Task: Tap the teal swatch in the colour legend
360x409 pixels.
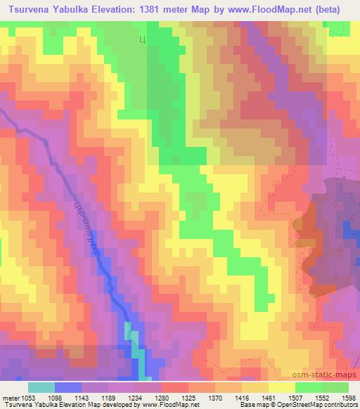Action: tap(41, 387)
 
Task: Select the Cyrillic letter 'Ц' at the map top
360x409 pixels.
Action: tap(142, 41)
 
